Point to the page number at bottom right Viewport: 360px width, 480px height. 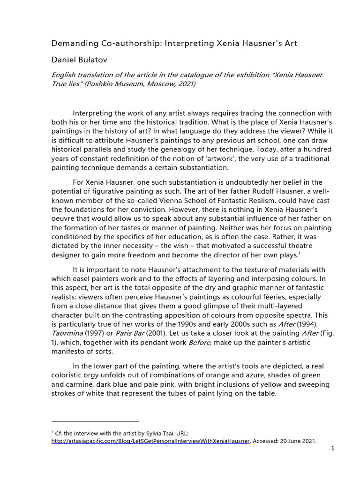tap(332, 449)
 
